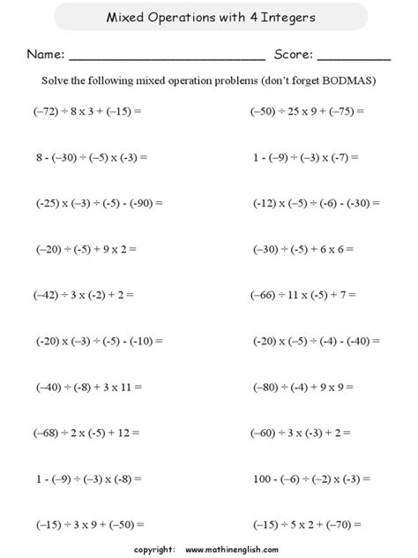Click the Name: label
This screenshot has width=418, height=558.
tap(45, 55)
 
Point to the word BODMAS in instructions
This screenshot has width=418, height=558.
tap(349, 80)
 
